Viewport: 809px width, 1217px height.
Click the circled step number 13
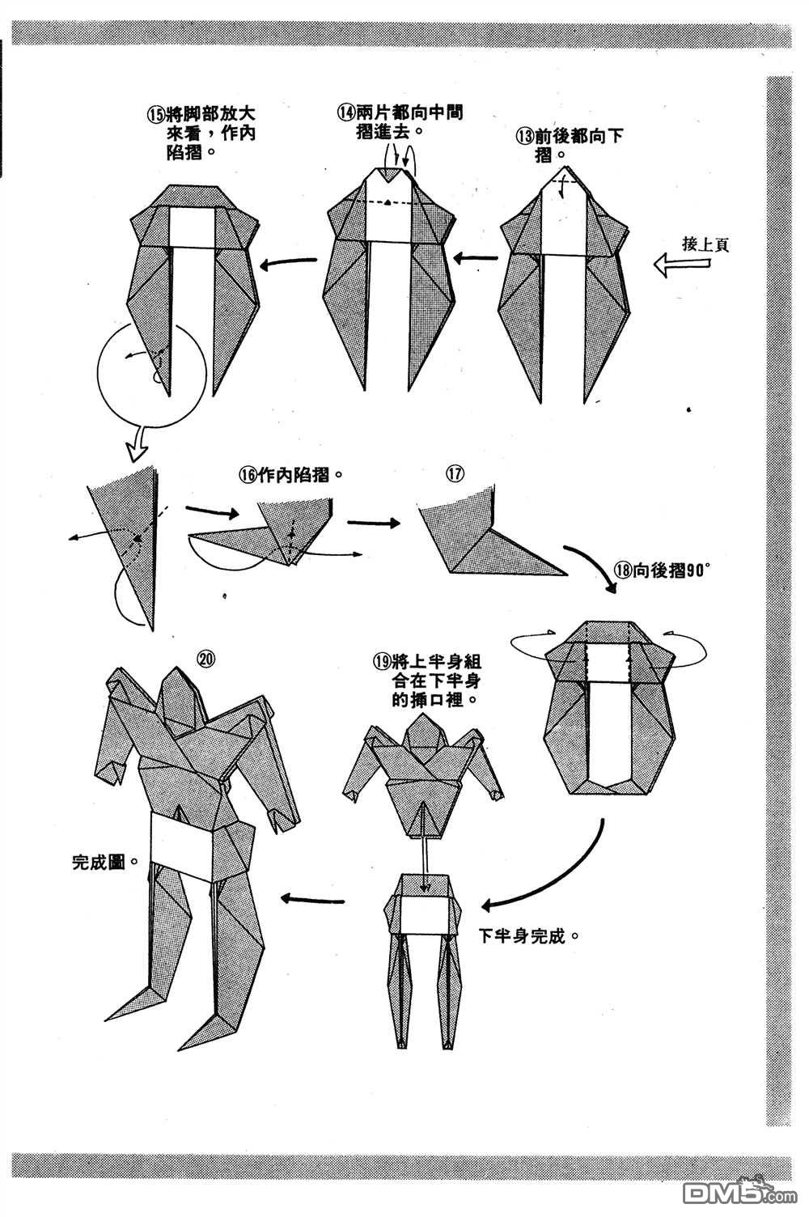point(524,136)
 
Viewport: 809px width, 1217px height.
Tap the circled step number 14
point(346,113)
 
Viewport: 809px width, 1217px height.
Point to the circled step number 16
point(247,476)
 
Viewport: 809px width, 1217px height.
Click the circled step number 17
point(455,474)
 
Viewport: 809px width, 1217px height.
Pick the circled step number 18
point(621,569)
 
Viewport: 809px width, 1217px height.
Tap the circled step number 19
point(381,660)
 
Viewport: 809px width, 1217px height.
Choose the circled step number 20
point(205,659)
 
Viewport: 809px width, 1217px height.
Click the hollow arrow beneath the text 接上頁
point(681,264)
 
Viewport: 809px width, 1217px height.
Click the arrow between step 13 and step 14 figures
point(477,259)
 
